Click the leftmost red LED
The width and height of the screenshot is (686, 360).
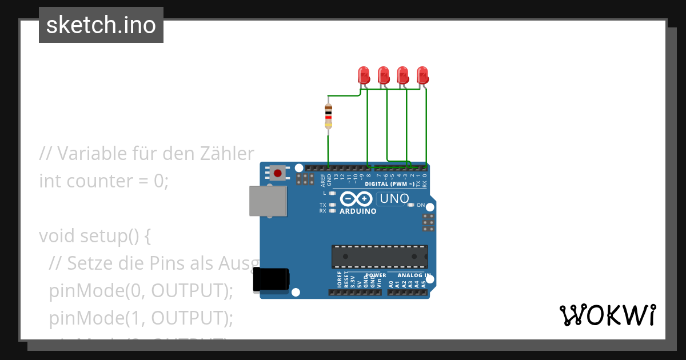[363, 75]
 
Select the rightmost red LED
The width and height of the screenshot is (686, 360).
[422, 75]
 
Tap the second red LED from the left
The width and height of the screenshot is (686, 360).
[383, 75]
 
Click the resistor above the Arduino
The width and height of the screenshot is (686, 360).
[328, 117]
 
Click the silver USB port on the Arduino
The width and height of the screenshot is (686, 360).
[268, 201]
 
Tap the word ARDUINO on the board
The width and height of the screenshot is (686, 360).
[358, 211]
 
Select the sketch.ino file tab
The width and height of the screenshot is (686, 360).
[101, 25]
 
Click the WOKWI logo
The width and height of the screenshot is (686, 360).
[607, 315]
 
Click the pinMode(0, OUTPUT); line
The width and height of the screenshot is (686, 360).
[141, 290]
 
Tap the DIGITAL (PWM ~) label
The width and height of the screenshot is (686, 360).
[390, 184]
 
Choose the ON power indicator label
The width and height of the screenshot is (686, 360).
[421, 205]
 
